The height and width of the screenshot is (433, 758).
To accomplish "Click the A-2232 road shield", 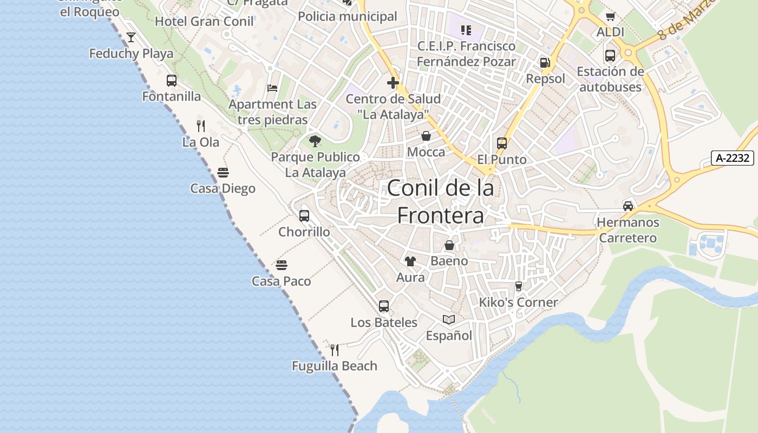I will (732, 158).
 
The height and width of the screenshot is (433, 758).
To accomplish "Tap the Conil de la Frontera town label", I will (440, 201).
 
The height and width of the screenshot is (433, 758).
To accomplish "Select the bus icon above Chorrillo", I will (304, 216).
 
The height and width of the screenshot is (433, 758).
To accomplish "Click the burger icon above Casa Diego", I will (223, 173).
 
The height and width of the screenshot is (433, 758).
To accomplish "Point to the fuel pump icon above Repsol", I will (545, 63).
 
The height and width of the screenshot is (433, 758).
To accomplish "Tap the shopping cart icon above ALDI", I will (611, 17).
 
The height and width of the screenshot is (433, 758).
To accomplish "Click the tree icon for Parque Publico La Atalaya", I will (315, 141).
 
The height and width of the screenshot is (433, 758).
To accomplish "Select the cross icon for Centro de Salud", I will (393, 83).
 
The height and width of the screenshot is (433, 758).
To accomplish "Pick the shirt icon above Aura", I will (410, 261).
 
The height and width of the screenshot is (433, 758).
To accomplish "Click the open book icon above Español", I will (449, 319).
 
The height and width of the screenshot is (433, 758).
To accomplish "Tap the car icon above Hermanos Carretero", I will (628, 206).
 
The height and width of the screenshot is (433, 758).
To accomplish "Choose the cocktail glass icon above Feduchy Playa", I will (131, 37).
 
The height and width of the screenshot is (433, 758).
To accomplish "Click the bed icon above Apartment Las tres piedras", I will (272, 88).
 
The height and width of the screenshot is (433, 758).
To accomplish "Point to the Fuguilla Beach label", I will (335, 366).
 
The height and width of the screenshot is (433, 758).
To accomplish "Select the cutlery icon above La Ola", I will (201, 126).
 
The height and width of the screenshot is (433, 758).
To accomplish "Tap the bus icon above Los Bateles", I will (384, 306).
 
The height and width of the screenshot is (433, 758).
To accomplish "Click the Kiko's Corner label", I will (518, 302).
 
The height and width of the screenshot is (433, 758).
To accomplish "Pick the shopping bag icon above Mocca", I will (426, 136).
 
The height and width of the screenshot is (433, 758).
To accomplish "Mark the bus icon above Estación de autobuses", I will (610, 55).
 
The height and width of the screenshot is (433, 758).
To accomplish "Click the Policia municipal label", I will (348, 17).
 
